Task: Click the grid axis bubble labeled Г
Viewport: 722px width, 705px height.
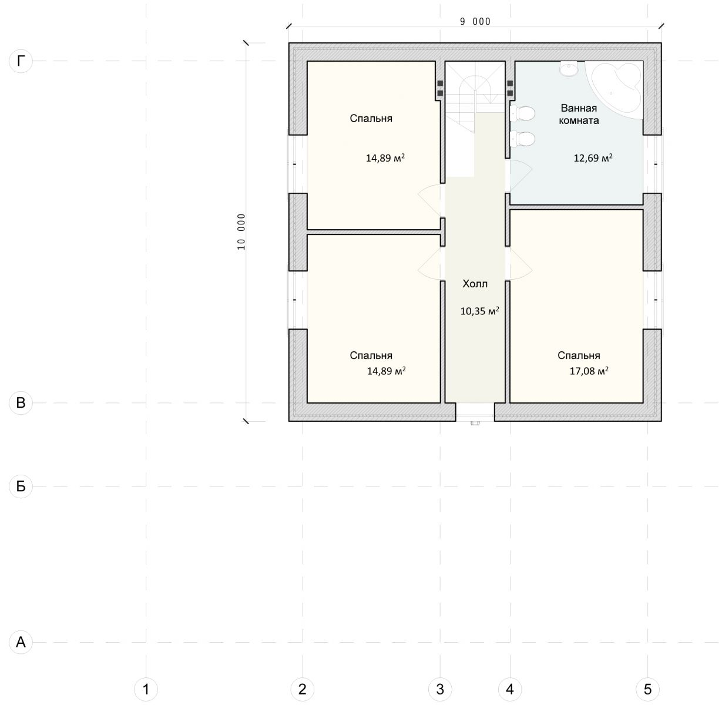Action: coord(21,61)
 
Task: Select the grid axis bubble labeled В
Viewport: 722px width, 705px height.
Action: coord(21,402)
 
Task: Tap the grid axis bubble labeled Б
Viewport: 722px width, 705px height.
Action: coord(21,486)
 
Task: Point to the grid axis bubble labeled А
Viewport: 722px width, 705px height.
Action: coord(21,642)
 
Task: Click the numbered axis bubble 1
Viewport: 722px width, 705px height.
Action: coord(146,689)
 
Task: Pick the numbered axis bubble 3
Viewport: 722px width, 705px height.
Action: coord(440,689)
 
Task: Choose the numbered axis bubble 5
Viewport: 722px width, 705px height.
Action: coord(647,689)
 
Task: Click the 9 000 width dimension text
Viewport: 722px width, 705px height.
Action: coord(475,22)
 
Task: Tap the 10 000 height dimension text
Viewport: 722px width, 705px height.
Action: coord(241,232)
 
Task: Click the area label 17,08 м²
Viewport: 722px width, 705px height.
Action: coord(589,371)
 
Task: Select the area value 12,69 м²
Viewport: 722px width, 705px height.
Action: coord(593,157)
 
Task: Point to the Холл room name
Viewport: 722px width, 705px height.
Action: coord(475,284)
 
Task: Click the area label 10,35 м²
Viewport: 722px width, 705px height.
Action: coord(479,311)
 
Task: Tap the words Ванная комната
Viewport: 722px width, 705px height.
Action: coord(579,115)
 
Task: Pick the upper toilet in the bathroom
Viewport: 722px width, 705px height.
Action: coord(522,113)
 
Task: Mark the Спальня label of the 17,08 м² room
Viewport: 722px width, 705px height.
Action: coord(579,355)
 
